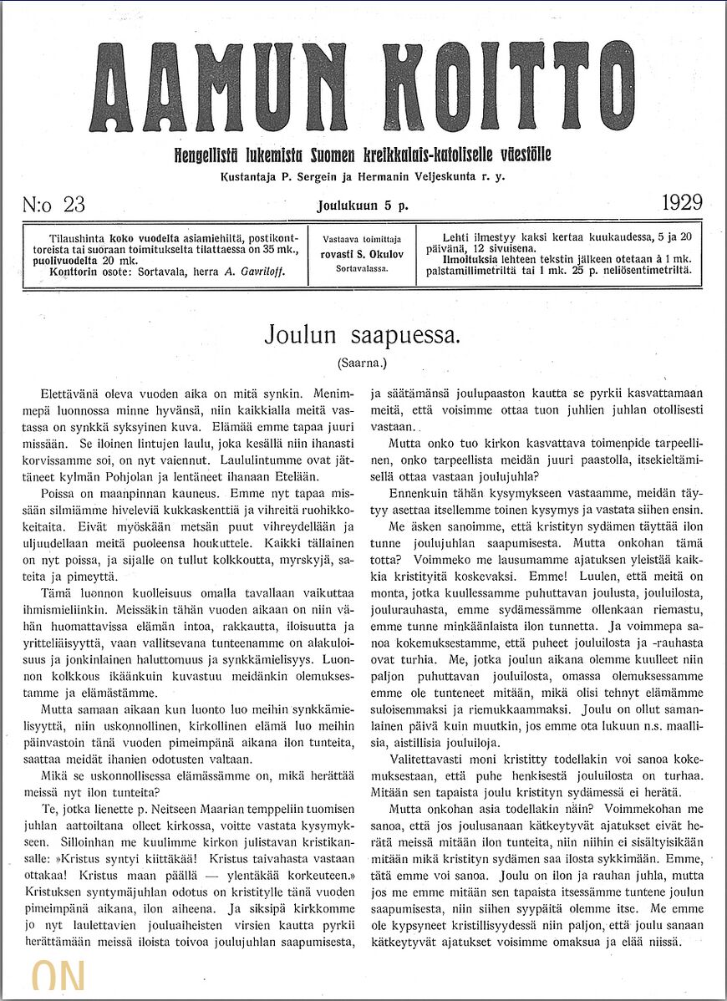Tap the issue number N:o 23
pyautogui.click(x=54, y=204)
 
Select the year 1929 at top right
pyautogui.click(x=682, y=203)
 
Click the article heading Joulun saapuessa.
pyautogui.click(x=362, y=335)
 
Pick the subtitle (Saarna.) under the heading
pyautogui.click(x=363, y=363)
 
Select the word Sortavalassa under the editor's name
pyautogui.click(x=362, y=269)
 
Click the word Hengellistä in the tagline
pyautogui.click(x=206, y=155)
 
